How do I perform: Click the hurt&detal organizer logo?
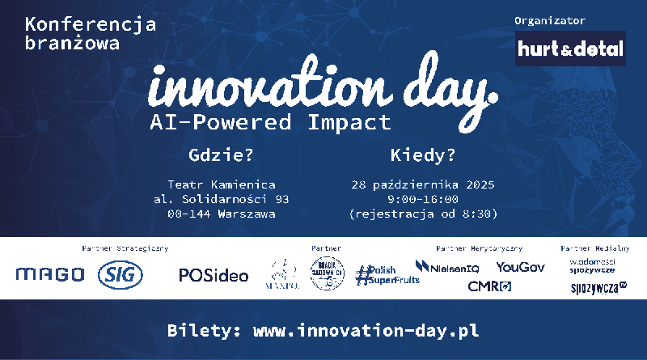coord(571,49)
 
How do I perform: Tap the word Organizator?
coord(549,19)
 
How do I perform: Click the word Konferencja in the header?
coord(91,24)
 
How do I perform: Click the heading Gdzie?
coord(221,154)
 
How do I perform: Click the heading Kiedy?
coord(422,154)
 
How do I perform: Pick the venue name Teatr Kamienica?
coord(221,184)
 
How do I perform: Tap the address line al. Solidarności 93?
coord(221,199)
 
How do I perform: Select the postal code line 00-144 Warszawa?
coord(221,214)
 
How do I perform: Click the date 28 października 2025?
coord(422,184)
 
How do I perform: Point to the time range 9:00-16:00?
coord(422,199)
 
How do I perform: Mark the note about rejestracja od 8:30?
coord(422,214)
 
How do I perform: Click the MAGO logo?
coord(49,275)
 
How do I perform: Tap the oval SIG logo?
coord(121,275)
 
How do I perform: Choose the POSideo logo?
coord(214,275)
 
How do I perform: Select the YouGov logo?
coord(520,266)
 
